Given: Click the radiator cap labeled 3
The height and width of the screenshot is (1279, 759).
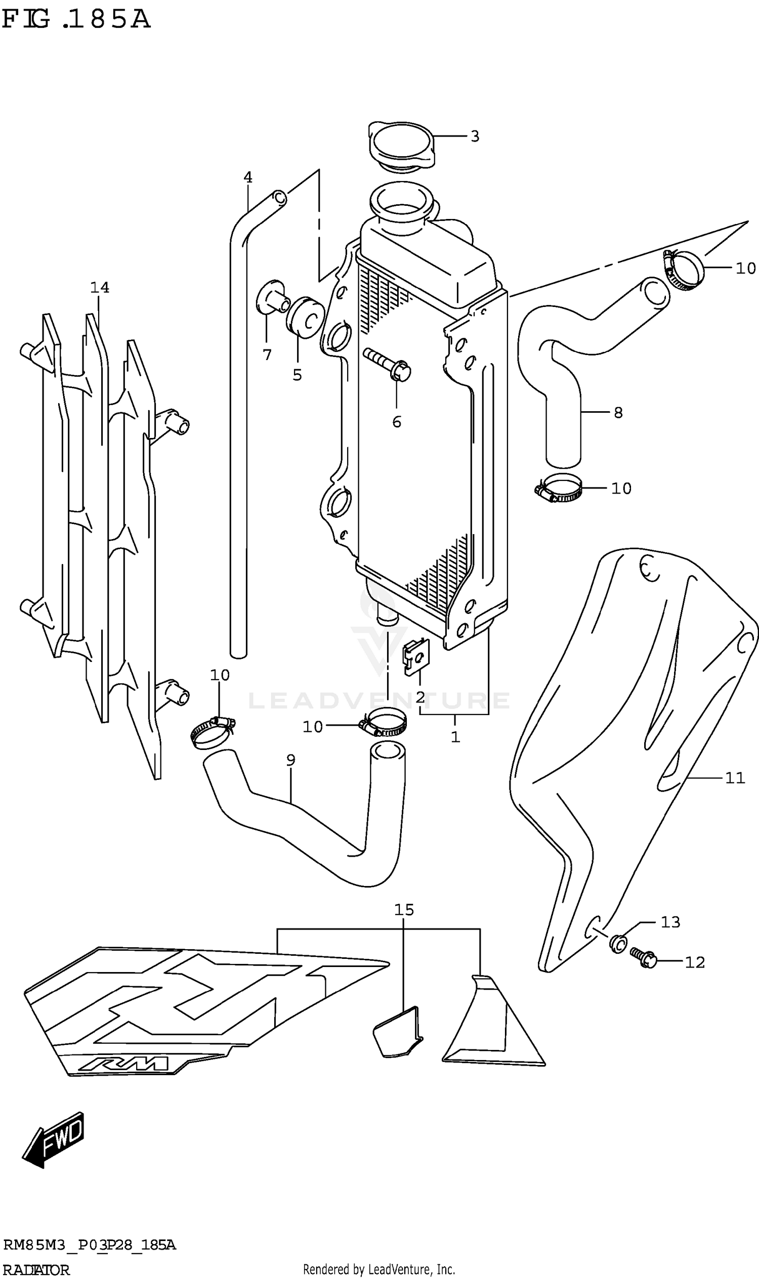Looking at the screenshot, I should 401,145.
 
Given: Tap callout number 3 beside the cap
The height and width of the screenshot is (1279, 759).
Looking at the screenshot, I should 475,137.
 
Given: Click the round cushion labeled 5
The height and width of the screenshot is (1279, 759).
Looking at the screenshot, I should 305,317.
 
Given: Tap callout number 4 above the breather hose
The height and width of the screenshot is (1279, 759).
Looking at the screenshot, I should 248,178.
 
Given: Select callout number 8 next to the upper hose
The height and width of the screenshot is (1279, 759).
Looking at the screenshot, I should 618,413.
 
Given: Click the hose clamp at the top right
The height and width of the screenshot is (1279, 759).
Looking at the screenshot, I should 684,270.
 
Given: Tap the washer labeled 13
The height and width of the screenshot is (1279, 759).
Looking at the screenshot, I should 618,943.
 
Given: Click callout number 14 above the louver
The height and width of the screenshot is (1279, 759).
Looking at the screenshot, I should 100,287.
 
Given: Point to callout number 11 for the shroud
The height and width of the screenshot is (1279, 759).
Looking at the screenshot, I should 734,778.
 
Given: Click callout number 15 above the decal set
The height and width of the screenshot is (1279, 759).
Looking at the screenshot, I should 404,909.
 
